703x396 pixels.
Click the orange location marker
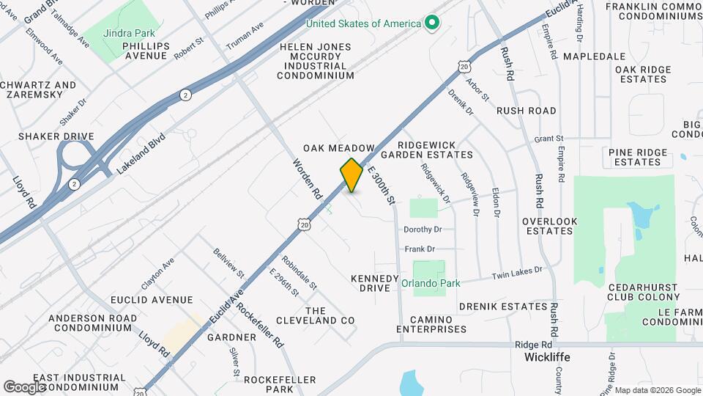[351, 175]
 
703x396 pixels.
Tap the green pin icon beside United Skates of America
[431, 23]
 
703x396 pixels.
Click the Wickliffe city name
[547, 358]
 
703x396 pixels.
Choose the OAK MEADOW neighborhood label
[339, 148]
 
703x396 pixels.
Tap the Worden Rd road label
[308, 180]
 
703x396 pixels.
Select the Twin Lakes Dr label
[517, 274]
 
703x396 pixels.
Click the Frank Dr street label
[420, 249]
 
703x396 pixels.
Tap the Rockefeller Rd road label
[260, 326]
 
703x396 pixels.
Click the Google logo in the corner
[24, 386]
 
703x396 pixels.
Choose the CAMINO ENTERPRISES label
[431, 324]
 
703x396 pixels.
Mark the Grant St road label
[548, 138]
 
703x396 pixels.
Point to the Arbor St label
[477, 91]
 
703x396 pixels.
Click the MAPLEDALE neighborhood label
[594, 56]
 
